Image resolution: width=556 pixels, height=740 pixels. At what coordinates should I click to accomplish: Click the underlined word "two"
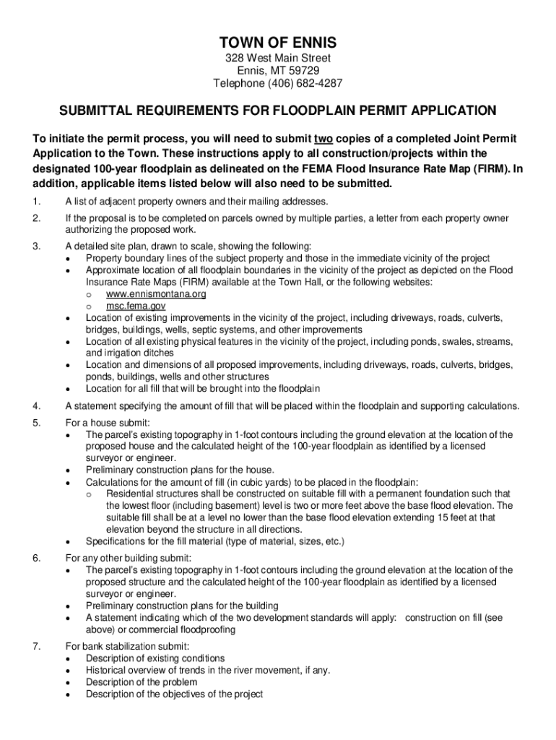click(323, 138)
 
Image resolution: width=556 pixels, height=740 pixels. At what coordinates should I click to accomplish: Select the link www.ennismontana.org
click(156, 294)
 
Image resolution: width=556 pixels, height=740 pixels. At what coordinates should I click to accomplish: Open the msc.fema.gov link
click(136, 306)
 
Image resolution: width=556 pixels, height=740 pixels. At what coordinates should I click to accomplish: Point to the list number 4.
click(36, 405)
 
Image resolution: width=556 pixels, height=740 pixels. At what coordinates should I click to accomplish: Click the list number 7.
click(36, 646)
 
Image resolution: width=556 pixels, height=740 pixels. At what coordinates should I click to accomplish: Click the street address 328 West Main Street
click(278, 57)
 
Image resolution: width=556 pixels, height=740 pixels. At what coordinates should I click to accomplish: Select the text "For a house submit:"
click(108, 423)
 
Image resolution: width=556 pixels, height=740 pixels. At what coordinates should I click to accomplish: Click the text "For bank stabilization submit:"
click(127, 646)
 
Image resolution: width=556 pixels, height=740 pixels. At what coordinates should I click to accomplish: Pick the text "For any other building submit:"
click(129, 557)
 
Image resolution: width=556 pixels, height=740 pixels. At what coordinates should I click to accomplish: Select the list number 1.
click(36, 200)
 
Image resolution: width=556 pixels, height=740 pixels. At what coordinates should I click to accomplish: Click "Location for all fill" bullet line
click(192, 388)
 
